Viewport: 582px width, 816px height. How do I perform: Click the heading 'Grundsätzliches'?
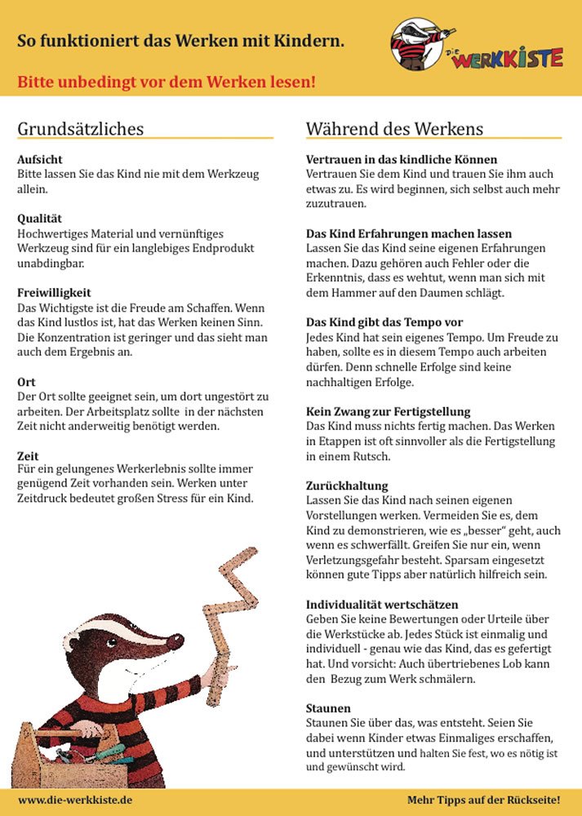pos(80,129)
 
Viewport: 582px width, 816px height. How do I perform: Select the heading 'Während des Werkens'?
pos(394,129)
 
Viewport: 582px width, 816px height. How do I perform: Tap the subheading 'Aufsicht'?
pos(40,160)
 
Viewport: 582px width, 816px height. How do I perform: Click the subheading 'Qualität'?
pos(40,219)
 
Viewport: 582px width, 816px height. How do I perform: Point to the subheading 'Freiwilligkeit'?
pos(54,292)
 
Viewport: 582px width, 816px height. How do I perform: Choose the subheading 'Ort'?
pos(26,381)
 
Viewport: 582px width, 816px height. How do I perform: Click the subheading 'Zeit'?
pos(29,455)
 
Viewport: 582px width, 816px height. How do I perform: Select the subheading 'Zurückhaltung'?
pos(347,486)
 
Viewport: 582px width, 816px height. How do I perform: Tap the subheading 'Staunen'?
pos(328,708)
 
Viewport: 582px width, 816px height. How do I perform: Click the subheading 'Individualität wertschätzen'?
pos(382,605)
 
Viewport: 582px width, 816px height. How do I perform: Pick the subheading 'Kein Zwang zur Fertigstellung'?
pos(388,411)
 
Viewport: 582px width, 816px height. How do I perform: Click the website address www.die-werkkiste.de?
pos(75,800)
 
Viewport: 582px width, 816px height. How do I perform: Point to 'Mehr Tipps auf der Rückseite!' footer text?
pos(484,800)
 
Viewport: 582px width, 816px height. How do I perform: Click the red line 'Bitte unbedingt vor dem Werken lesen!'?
pos(167,82)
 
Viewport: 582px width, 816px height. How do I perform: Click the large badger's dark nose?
pos(175,642)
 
